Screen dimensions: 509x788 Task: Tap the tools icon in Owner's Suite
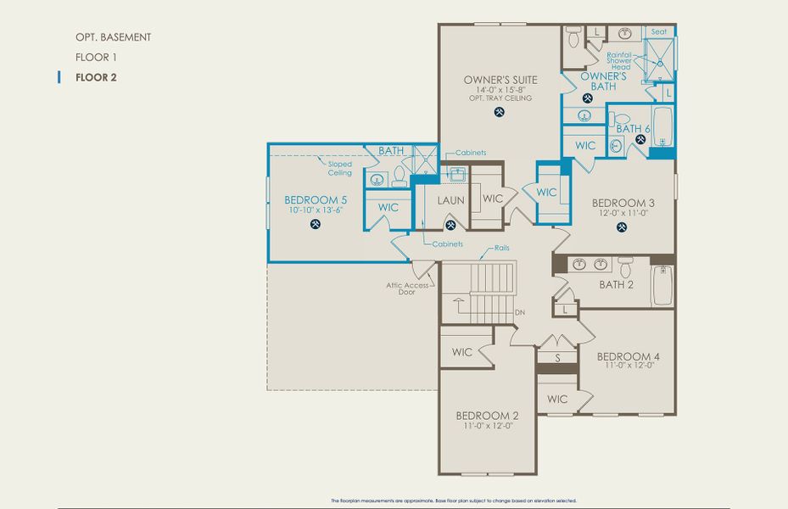click(x=499, y=112)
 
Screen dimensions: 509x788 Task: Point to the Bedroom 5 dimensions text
click(x=316, y=210)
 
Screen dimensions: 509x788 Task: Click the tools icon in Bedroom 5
click(x=316, y=225)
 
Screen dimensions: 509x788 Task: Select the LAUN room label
click(x=450, y=200)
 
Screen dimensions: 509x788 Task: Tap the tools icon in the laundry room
click(x=451, y=225)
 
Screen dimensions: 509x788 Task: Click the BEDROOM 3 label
click(x=623, y=203)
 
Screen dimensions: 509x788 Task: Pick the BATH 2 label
click(x=617, y=284)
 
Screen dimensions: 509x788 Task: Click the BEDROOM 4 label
click(x=628, y=355)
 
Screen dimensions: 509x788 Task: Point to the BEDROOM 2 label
click(x=487, y=415)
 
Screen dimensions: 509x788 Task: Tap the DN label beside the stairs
click(x=520, y=312)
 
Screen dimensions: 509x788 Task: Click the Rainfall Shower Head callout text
click(x=621, y=62)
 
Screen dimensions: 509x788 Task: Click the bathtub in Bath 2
click(x=662, y=286)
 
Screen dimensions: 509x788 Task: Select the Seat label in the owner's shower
click(x=659, y=31)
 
